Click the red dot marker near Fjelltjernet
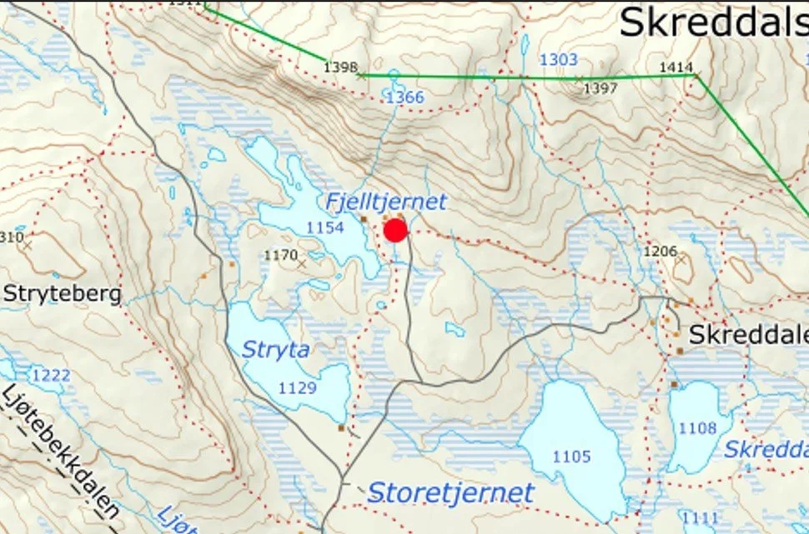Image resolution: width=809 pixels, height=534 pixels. (x=395, y=231)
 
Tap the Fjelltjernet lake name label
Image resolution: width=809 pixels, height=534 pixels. (x=386, y=202)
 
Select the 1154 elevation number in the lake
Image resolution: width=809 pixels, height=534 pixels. (x=325, y=227)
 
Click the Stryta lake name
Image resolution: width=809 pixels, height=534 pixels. (x=275, y=350)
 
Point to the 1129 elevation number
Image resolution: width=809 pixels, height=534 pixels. (x=298, y=388)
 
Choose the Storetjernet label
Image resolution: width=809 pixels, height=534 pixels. (x=450, y=492)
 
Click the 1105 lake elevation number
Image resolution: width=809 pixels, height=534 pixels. (x=571, y=457)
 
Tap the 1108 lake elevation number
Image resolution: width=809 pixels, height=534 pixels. (x=697, y=428)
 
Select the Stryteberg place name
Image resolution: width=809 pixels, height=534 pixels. (x=63, y=294)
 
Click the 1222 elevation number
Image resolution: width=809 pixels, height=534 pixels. (x=51, y=376)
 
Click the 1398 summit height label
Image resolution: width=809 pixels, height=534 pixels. (x=340, y=67)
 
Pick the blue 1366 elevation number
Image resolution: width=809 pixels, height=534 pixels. (x=404, y=97)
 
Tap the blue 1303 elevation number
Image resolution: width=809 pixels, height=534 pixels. (x=558, y=60)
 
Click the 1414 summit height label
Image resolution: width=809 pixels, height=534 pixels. (x=676, y=67)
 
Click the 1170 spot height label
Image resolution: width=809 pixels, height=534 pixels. (x=280, y=255)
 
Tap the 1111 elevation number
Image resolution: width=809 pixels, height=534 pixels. (x=699, y=517)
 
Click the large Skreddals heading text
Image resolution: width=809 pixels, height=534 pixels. (x=713, y=22)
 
